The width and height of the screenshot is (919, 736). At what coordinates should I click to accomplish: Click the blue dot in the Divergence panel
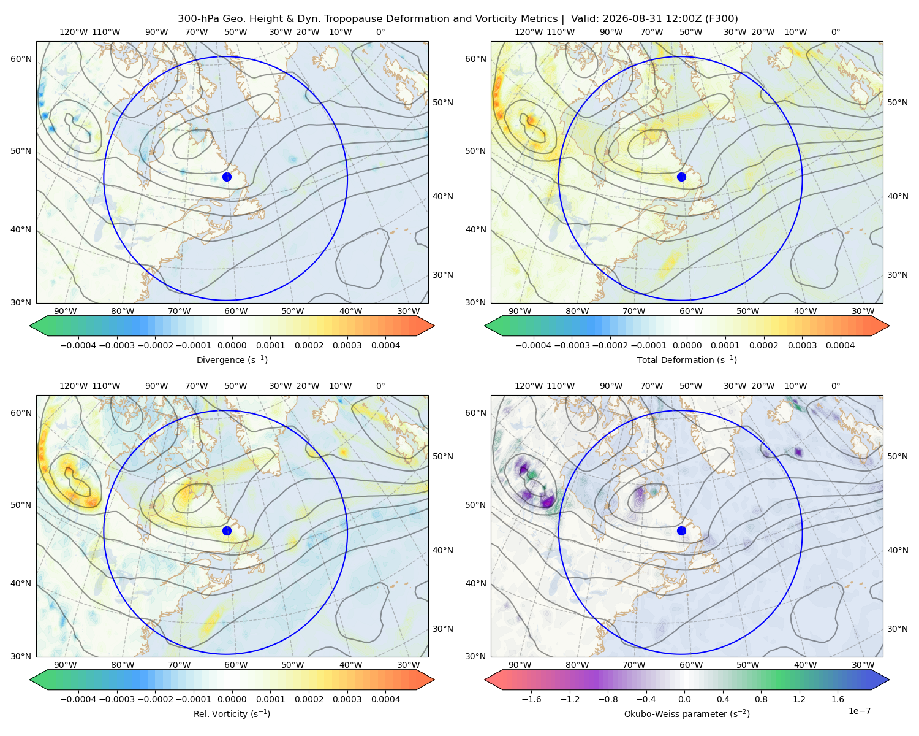pyautogui.click(x=227, y=177)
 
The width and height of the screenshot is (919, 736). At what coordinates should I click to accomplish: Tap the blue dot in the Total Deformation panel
pyautogui.click(x=681, y=177)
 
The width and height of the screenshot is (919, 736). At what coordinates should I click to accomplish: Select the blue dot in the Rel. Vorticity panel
pyautogui.click(x=227, y=531)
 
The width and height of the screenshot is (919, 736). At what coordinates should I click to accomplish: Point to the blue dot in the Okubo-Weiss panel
pyautogui.click(x=681, y=531)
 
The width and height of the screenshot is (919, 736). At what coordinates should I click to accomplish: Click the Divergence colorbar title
pyautogui.click(x=232, y=360)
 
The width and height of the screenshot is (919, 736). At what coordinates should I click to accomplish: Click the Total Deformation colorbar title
pyautogui.click(x=687, y=360)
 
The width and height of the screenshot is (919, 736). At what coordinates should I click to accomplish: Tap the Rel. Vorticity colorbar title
pyautogui.click(x=232, y=714)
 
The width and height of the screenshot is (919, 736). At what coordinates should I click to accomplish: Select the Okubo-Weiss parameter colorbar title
pyautogui.click(x=687, y=714)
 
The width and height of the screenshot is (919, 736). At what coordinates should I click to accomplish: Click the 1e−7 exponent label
pyautogui.click(x=859, y=711)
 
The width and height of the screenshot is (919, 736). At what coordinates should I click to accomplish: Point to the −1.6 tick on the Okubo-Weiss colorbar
pyautogui.click(x=531, y=699)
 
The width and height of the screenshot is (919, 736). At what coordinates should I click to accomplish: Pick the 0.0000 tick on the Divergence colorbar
pyautogui.click(x=232, y=345)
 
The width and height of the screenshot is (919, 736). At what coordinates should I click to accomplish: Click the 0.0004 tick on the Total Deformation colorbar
pyautogui.click(x=840, y=345)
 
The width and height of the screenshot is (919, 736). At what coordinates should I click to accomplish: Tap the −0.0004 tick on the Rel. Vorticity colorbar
pyautogui.click(x=78, y=699)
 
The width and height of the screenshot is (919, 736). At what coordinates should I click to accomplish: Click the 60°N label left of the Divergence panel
pyautogui.click(x=21, y=59)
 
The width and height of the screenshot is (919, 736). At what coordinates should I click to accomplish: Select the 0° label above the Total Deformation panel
pyautogui.click(x=835, y=32)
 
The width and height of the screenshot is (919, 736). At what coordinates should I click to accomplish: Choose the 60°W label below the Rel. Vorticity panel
pyautogui.click(x=236, y=665)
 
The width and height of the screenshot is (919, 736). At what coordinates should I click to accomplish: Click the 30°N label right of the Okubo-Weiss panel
pyautogui.click(x=898, y=629)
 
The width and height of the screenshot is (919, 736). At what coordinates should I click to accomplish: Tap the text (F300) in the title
pyautogui.click(x=722, y=19)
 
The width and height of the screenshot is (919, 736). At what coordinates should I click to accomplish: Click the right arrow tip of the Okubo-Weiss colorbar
pyautogui.click(x=889, y=680)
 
